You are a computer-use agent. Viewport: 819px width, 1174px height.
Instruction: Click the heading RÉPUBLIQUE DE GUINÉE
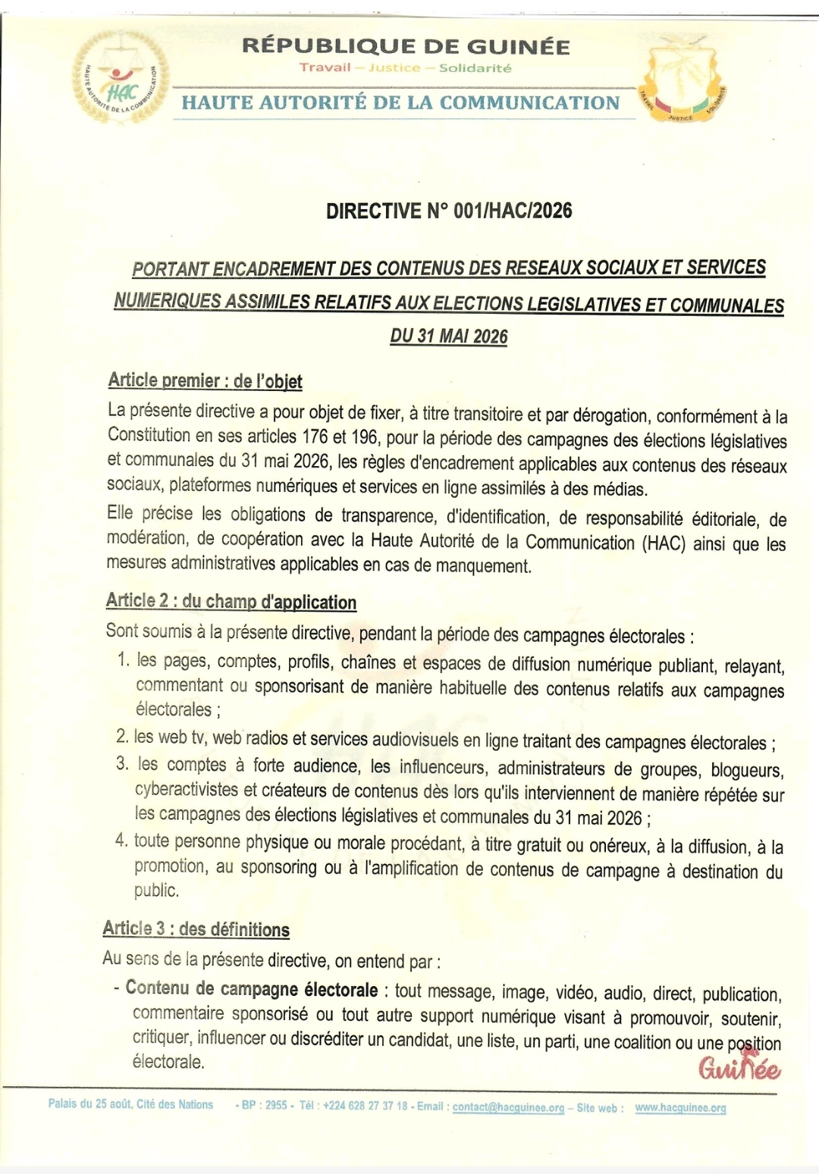click(406, 46)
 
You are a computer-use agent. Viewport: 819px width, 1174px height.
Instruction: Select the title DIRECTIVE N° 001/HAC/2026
click(449, 211)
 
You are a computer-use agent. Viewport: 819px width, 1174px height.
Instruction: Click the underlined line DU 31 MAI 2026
click(449, 336)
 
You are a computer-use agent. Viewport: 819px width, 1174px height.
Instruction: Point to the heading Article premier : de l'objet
click(205, 380)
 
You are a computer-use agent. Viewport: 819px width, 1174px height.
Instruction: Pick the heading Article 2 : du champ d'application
click(231, 602)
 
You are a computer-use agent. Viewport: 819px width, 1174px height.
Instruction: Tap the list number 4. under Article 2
click(121, 841)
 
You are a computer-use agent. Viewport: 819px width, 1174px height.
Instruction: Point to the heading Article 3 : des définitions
click(196, 929)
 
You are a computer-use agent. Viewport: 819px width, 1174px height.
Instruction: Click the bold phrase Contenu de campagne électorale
click(252, 989)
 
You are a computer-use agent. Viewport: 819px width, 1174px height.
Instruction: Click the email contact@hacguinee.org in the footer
click(509, 1107)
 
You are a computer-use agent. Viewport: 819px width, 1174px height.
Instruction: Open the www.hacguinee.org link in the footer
click(680, 1107)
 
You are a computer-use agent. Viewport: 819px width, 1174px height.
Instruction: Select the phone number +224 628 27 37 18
click(366, 1106)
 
